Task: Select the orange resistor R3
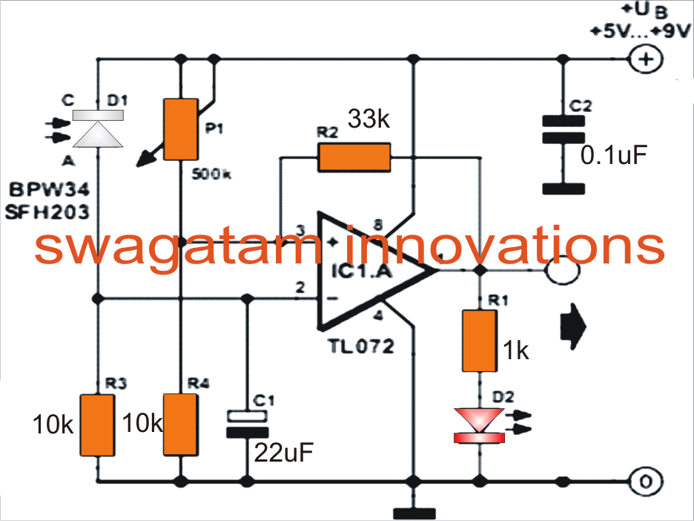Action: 98,426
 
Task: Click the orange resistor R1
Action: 478,341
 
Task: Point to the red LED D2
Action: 478,427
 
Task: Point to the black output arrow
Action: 572,326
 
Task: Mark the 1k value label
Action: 515,350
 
